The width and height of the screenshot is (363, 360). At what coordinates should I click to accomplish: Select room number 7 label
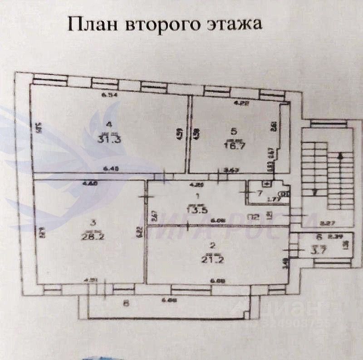[260, 193]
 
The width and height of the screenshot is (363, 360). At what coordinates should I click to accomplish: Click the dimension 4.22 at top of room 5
[241, 103]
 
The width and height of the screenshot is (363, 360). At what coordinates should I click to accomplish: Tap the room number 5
[234, 132]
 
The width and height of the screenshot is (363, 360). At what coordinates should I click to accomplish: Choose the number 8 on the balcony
[126, 303]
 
